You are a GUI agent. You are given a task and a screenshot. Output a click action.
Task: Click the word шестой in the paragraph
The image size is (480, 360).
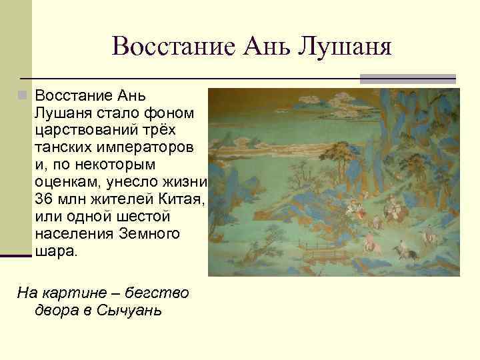(x=149, y=217)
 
